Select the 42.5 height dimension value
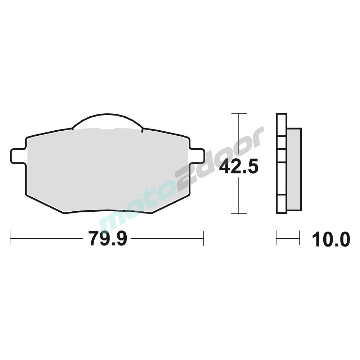click(x=239, y=167)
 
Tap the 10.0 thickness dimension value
click(x=331, y=240)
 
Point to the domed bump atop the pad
click(x=107, y=121)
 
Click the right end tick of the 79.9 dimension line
click(x=203, y=238)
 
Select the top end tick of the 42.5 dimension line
click(x=239, y=114)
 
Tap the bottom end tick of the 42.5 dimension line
click(x=239, y=213)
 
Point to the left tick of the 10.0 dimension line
click(x=276, y=238)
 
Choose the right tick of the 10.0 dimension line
click(x=299, y=238)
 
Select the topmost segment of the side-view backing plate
click(x=282, y=125)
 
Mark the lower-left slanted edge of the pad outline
click(x=45, y=203)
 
